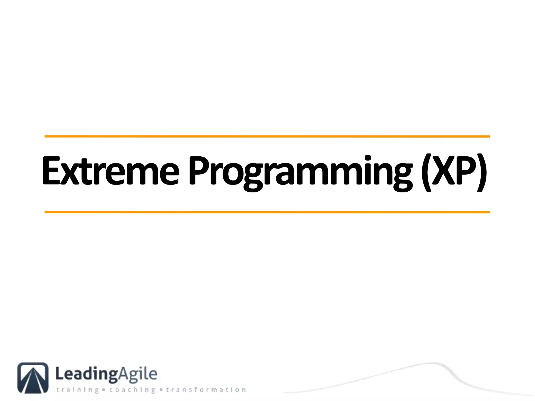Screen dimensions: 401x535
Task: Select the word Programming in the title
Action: [x=300, y=172]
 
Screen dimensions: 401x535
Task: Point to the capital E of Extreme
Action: [x=51, y=171]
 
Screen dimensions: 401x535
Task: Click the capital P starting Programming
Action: [x=199, y=171]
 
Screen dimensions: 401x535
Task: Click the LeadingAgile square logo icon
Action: [x=33, y=378]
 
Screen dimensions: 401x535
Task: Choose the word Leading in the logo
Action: [x=86, y=374]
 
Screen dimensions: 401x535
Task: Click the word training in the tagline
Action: [x=77, y=390]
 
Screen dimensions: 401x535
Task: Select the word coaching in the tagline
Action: [x=132, y=390]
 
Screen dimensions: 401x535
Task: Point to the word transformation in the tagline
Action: [x=206, y=390]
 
